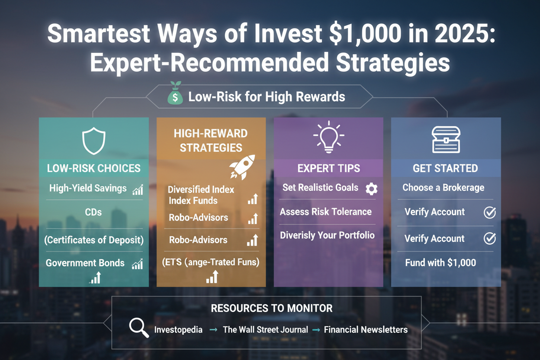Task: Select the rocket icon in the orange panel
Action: point(242,167)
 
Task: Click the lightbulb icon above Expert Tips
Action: point(329,137)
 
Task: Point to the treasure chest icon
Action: point(446,140)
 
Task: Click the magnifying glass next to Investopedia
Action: point(139,328)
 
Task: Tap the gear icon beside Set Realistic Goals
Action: point(372,189)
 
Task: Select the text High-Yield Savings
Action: point(88,188)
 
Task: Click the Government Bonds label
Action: point(85,263)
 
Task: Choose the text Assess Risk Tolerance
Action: point(326,212)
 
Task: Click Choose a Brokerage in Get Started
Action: point(444,188)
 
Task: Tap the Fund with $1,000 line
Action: point(440,263)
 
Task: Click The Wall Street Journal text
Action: point(265,330)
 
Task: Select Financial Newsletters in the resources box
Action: point(366,330)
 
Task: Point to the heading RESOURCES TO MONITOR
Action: point(272,308)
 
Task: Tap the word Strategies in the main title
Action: point(393,62)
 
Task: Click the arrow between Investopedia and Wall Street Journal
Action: point(213,330)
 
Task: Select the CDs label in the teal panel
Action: point(93,212)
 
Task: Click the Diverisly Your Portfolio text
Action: point(328,235)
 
